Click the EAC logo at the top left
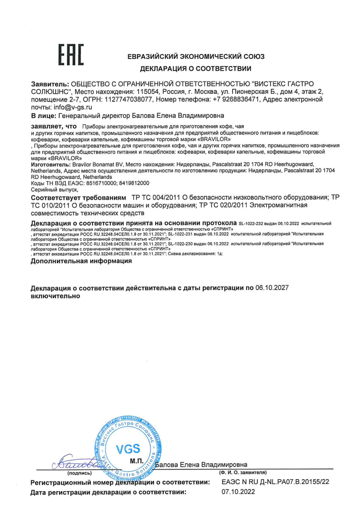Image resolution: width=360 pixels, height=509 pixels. coord(72,55)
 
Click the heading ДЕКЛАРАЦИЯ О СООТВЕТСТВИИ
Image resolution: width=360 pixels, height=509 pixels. coord(196,69)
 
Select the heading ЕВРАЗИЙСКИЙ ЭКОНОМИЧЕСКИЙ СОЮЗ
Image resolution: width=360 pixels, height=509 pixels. coord(196,56)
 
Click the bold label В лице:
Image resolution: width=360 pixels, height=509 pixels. coord(43,116)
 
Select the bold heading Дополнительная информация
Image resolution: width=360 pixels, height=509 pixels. coord(81,261)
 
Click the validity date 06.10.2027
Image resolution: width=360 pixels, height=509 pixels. coord(272,288)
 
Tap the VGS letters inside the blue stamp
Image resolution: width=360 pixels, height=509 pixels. coord(128,449)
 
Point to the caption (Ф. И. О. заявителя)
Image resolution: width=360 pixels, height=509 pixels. coord(243,473)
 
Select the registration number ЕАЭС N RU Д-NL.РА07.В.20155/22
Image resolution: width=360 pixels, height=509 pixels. coord(275,482)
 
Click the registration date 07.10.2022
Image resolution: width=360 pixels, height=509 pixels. coord(238,492)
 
